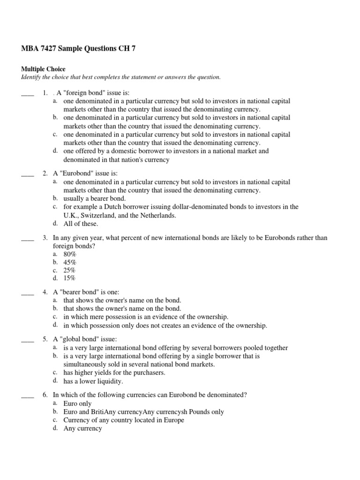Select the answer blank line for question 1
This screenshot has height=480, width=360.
(28, 93)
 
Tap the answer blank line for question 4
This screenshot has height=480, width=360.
(28, 292)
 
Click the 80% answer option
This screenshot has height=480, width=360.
(69, 254)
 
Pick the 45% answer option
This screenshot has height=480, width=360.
(69, 262)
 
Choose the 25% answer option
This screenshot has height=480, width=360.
(69, 270)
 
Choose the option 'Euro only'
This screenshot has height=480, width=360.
(77, 404)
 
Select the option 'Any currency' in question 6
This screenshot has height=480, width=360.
(82, 428)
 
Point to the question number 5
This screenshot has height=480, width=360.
(45, 339)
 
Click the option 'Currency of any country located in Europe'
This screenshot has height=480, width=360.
(124, 420)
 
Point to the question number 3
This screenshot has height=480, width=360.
(45, 238)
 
